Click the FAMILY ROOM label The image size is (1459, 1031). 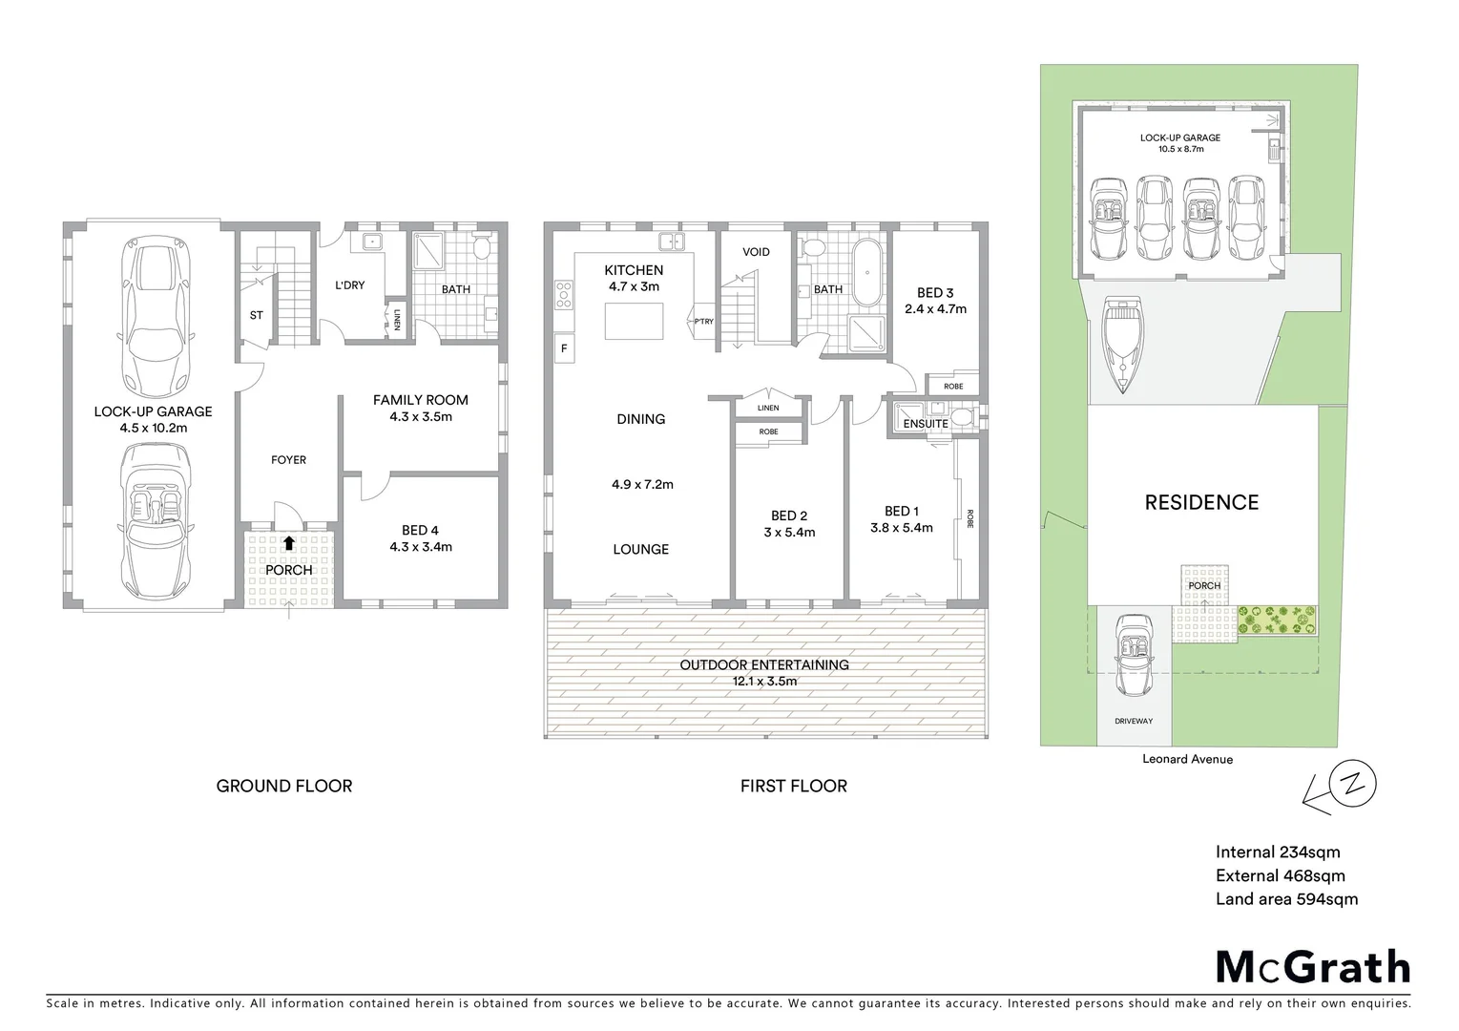[420, 400]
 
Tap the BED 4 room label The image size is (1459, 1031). [420, 530]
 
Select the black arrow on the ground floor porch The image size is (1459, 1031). [288, 543]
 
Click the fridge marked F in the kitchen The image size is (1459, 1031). [564, 348]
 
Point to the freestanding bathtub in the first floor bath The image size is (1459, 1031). [866, 273]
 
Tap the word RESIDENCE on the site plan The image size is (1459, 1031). [1201, 502]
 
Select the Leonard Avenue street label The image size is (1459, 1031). [1187, 759]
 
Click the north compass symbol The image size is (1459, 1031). [1353, 785]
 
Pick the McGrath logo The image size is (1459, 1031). [1312, 967]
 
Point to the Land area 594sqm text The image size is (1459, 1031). [1286, 898]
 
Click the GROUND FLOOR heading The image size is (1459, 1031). [284, 786]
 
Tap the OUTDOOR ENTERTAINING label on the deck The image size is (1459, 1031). [764, 664]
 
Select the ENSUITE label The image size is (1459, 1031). [926, 424]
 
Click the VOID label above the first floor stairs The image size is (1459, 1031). [756, 252]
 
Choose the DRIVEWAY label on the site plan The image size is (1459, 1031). [1134, 721]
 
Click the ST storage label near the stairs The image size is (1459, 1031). [256, 315]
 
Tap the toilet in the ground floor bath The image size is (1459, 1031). [484, 250]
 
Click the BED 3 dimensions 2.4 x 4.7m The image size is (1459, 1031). [935, 308]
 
